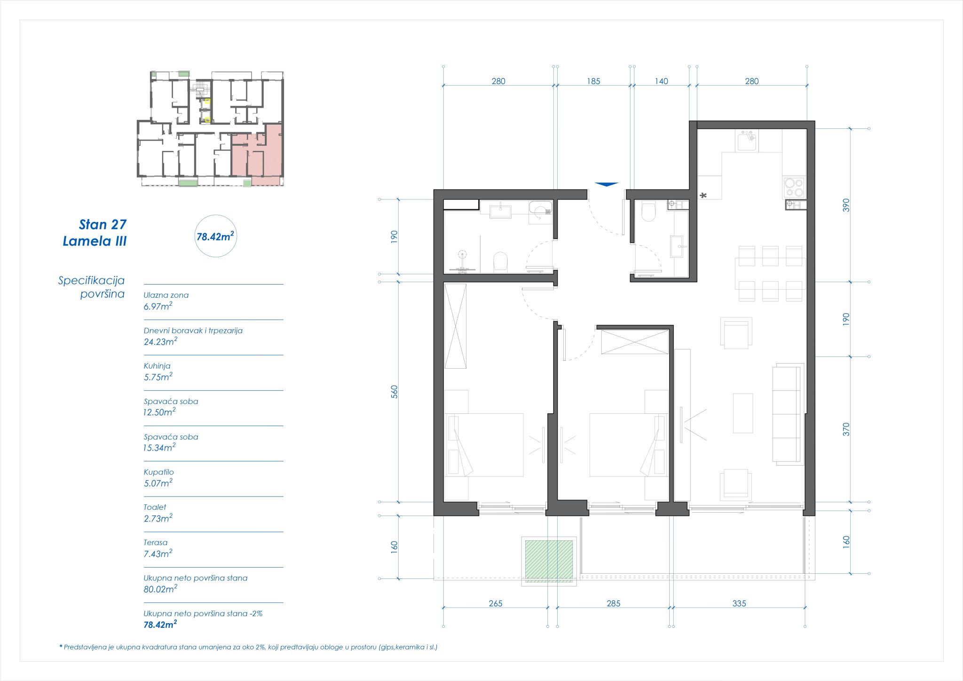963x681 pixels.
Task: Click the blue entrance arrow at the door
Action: (x=606, y=184)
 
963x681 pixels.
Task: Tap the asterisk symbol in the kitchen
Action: (x=703, y=196)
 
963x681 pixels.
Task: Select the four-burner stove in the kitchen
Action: (x=794, y=187)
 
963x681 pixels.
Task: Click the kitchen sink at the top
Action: (x=747, y=140)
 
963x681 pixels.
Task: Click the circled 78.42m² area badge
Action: (x=215, y=236)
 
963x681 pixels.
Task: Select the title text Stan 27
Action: (x=103, y=225)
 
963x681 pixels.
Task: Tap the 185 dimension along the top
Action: (x=593, y=81)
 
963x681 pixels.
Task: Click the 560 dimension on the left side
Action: (x=394, y=391)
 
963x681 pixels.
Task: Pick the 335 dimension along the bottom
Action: (x=739, y=603)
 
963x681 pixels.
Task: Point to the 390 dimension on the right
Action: (x=846, y=205)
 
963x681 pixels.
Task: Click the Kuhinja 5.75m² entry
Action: (x=158, y=372)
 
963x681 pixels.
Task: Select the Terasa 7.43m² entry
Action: (x=158, y=548)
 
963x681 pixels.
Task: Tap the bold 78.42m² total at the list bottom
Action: (x=160, y=625)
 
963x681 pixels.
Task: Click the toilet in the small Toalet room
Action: (x=648, y=212)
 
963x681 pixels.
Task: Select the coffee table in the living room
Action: (x=742, y=413)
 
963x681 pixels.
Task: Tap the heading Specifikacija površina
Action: (x=92, y=287)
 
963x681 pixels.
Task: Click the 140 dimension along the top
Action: (x=661, y=81)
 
